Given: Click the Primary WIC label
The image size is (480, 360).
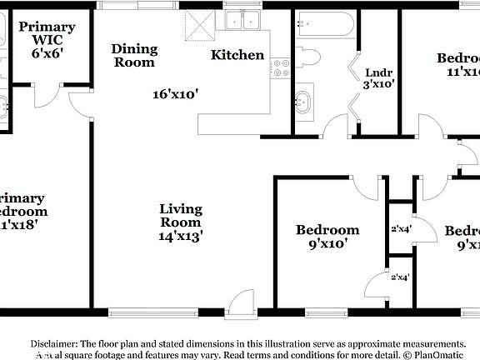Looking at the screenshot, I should [x=47, y=32].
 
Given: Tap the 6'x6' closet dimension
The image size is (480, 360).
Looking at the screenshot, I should [x=47, y=52].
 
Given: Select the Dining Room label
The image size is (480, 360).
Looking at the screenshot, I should [x=134, y=55].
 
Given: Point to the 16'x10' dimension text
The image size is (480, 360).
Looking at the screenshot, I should [x=174, y=94].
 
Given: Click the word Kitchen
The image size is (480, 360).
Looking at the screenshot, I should [x=237, y=55].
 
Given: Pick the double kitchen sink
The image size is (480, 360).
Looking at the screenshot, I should [x=242, y=20].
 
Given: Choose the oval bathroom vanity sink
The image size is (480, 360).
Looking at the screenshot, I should [x=302, y=102].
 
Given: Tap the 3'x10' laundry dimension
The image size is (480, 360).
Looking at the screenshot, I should [x=378, y=83].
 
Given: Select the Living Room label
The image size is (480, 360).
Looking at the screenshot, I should [x=181, y=215].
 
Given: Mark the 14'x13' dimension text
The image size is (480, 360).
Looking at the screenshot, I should [x=181, y=236].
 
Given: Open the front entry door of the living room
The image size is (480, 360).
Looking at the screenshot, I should [x=242, y=303].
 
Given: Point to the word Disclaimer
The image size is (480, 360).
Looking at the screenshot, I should [x=54, y=343].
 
